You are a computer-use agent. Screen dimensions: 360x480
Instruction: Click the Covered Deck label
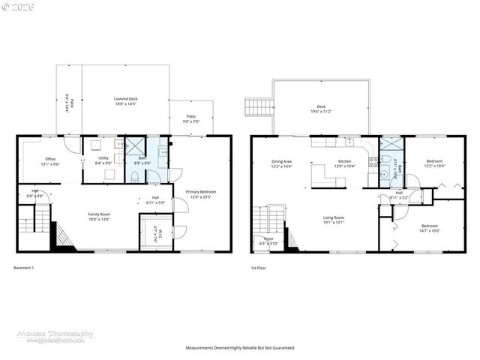125,101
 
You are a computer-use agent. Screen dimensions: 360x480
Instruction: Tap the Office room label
50,160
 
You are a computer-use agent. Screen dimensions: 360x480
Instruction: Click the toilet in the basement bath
133,176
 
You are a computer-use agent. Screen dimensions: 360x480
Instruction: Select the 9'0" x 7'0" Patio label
191,119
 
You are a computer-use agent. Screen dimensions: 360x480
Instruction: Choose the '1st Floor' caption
259,268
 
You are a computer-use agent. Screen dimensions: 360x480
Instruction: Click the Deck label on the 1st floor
321,108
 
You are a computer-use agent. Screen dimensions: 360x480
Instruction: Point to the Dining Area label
282,163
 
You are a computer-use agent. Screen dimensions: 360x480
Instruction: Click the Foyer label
268,241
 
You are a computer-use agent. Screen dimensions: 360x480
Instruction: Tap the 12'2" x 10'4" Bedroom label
435,163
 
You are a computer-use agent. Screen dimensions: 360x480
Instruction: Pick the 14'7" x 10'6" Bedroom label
429,228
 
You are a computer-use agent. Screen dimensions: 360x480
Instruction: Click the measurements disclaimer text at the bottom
240,348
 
